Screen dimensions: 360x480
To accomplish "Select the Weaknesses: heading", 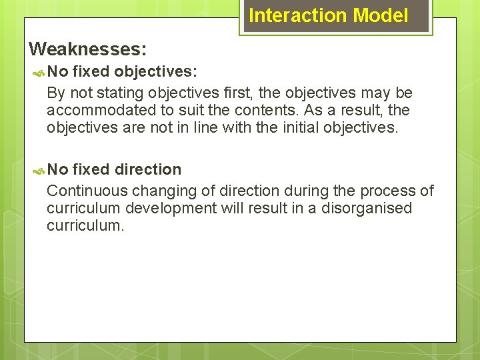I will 88,49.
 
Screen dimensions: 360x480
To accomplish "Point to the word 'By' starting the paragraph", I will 55,93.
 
